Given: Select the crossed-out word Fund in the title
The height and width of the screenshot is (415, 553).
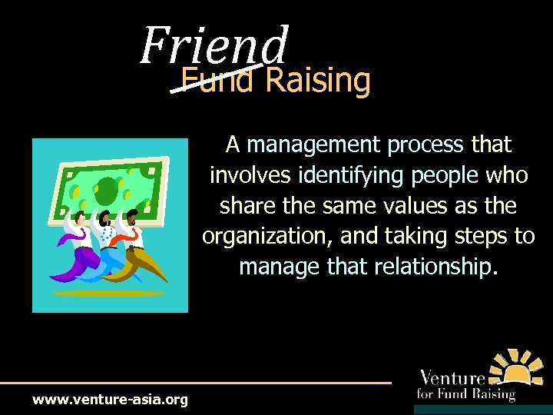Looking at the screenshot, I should tap(217, 80).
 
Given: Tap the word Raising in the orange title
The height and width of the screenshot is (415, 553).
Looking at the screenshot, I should tap(318, 80).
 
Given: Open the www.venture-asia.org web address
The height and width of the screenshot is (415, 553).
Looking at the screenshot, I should tap(110, 400).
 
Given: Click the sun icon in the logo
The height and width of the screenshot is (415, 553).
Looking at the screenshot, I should tap(517, 368).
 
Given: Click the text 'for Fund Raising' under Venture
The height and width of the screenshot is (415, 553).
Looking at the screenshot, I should tap(465, 395).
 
